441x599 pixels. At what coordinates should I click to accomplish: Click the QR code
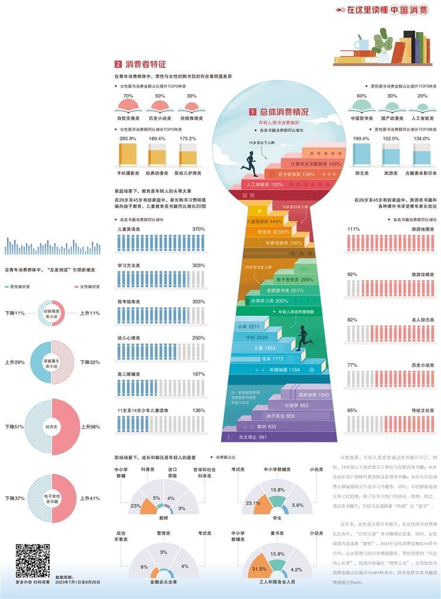tap(32, 560)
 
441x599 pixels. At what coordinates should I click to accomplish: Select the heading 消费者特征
tap(146, 64)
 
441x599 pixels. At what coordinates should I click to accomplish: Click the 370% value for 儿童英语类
tap(198, 229)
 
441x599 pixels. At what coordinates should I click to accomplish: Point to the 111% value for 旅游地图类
tap(353, 229)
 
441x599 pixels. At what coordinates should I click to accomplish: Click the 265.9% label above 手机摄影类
tap(128, 139)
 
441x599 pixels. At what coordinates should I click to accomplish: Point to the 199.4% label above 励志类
tap(361, 139)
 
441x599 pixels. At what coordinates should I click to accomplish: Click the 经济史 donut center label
tap(51, 427)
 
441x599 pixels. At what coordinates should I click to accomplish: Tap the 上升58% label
tap(91, 427)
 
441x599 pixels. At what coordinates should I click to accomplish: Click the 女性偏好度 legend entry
tap(87, 287)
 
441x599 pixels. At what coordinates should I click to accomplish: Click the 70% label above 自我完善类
tap(128, 96)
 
